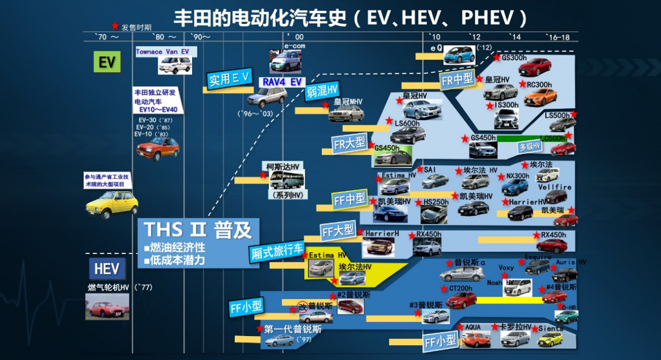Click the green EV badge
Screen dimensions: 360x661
coord(107,62)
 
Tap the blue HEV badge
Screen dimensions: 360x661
coord(107,269)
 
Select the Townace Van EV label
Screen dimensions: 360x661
coord(162,52)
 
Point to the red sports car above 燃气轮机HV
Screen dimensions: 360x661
coord(107,307)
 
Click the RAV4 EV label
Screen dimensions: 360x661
coord(281,82)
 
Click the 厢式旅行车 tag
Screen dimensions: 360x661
coord(278,251)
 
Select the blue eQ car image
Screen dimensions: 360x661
coord(459,55)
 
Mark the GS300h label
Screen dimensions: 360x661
coord(514,58)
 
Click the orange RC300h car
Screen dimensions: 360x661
coord(540,97)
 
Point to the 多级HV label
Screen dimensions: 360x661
coord(529,146)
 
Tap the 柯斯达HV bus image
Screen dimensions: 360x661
coord(287,180)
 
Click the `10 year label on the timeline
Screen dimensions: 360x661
coord(434,37)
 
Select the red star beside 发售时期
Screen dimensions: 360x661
coord(115,26)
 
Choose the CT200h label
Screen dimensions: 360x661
coord(461,288)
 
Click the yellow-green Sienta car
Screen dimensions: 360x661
coord(550,339)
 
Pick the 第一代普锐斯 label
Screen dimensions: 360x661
coord(292,329)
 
